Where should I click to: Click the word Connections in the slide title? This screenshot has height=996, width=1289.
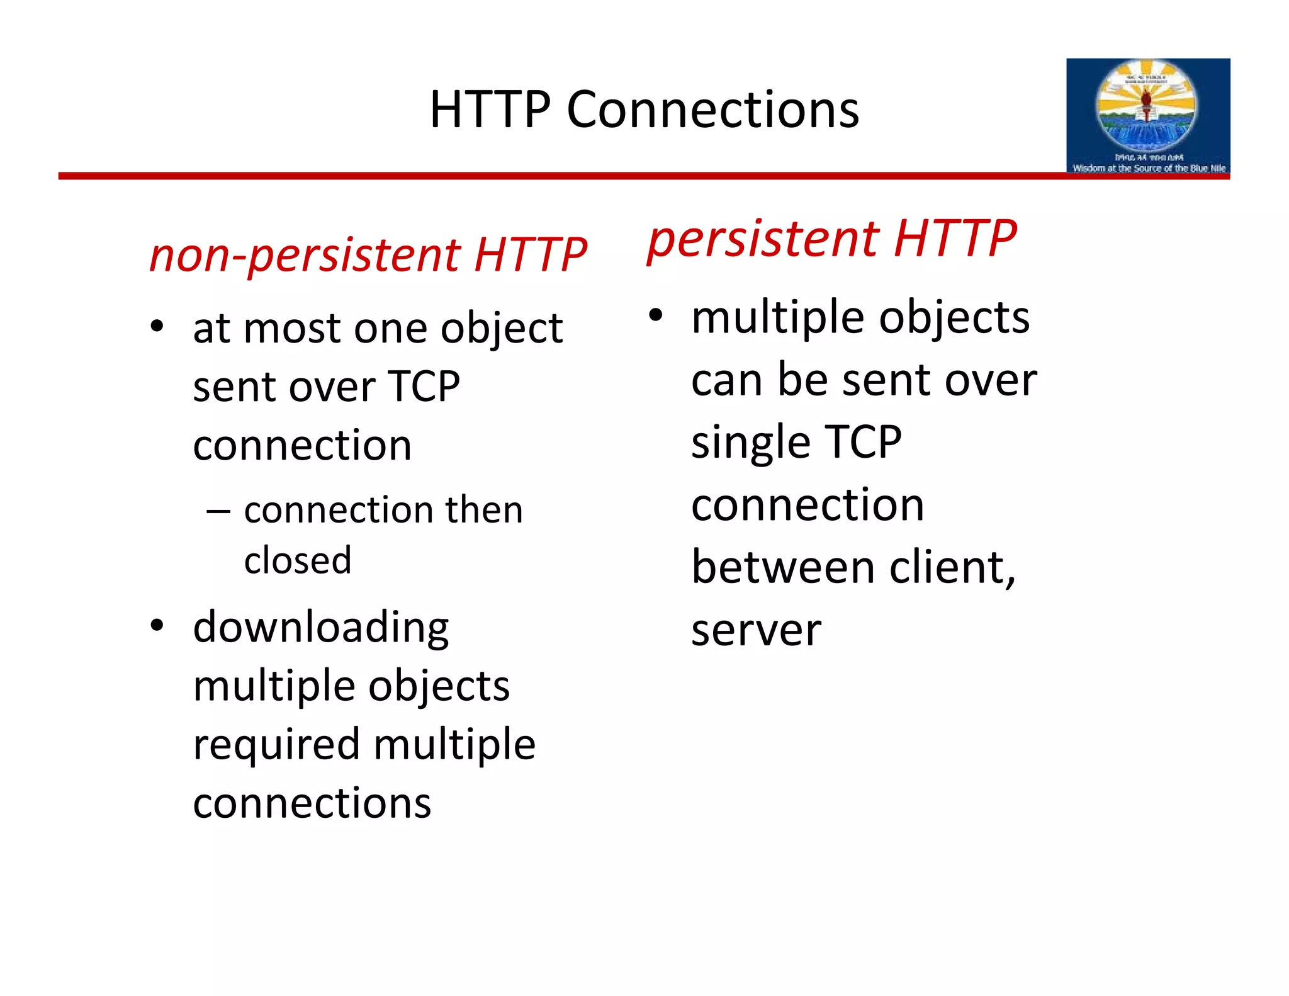712,110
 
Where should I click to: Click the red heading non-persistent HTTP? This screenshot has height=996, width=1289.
368,255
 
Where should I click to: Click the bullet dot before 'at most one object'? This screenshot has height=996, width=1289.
157,327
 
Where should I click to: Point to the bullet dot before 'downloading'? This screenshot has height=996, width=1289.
157,625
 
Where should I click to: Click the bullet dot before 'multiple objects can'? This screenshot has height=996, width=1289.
656,315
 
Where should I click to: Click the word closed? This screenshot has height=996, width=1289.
297,560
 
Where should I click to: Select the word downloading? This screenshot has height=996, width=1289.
321,628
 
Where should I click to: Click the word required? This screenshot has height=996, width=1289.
276,745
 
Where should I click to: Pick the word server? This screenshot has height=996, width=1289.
756,631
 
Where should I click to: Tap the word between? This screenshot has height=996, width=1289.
783,568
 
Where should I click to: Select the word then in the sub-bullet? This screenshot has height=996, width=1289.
484,510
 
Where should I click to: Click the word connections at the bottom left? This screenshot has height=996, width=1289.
312,804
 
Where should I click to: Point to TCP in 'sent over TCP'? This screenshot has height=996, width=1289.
424,387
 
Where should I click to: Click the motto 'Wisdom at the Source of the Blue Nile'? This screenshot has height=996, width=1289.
1149,168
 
